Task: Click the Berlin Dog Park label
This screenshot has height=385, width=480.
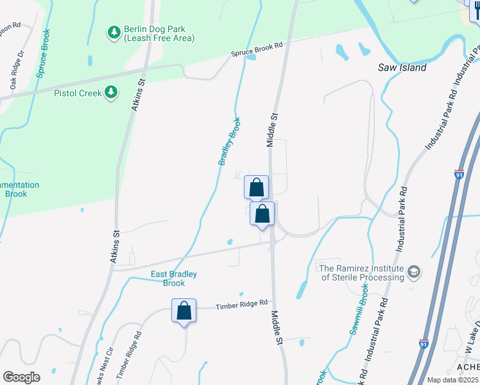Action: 150,33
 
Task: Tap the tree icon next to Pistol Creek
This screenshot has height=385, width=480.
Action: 112,93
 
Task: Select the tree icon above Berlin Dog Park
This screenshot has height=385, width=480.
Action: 114,32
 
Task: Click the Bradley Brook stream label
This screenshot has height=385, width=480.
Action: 229,141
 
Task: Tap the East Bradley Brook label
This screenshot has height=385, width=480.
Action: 173,278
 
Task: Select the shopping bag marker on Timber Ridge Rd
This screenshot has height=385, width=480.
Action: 184,311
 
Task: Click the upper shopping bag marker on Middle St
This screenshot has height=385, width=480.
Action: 256,187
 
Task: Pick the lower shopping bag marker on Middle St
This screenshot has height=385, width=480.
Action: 262,214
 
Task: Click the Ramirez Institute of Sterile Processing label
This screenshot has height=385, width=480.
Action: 362,273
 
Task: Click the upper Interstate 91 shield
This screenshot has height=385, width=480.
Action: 459,174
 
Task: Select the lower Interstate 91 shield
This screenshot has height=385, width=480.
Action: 424,344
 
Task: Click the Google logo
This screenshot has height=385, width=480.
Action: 21,377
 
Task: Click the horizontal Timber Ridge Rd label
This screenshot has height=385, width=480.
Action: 241,306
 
